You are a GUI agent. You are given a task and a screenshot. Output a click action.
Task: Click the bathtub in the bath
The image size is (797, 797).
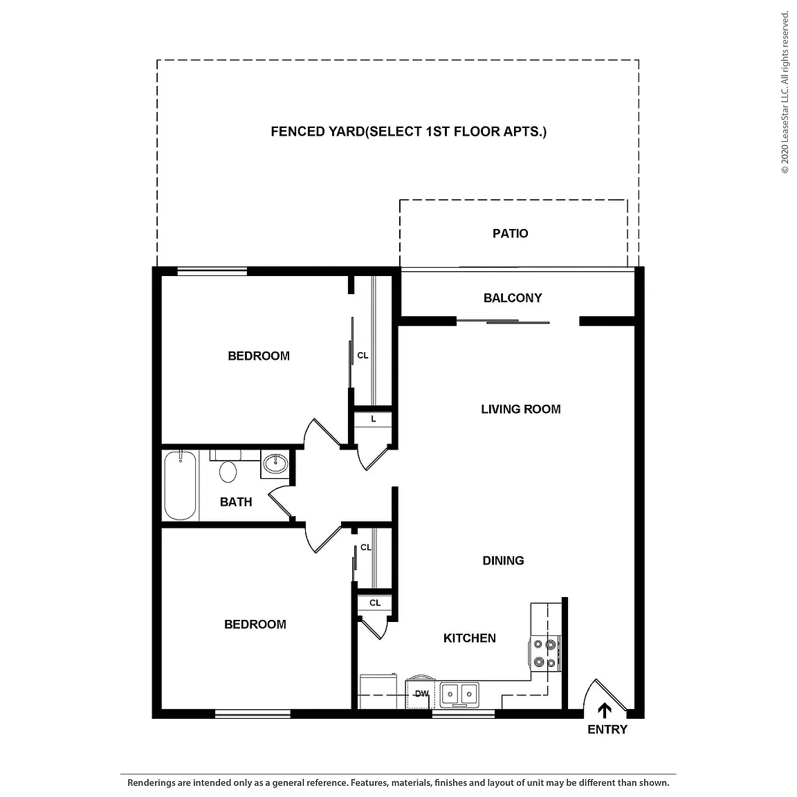pyautogui.click(x=180, y=486)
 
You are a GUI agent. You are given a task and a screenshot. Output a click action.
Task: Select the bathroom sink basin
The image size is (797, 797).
pyautogui.click(x=275, y=463)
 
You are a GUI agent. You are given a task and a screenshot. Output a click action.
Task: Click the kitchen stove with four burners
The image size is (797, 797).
pyautogui.click(x=545, y=653)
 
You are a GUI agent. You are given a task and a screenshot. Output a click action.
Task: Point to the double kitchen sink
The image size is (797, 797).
pyautogui.click(x=459, y=694)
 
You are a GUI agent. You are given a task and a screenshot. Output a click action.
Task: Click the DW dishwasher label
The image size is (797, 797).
pyautogui.click(x=422, y=693)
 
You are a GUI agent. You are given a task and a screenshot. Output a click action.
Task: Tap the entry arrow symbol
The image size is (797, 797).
pyautogui.click(x=605, y=710)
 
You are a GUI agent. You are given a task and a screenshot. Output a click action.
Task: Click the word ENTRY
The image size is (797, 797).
pyautogui.click(x=607, y=729)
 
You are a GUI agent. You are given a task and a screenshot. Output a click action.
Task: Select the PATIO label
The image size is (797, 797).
pyautogui.click(x=511, y=233)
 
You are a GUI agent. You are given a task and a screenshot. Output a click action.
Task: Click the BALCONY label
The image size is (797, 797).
pyautogui.click(x=513, y=298)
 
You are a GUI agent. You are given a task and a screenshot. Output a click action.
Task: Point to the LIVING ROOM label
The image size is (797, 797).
pyautogui.click(x=521, y=409)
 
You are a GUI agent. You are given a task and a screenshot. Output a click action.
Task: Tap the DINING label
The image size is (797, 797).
pyautogui.click(x=503, y=560)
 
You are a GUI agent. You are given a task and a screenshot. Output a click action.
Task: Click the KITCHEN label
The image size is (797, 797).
pyautogui.click(x=470, y=639)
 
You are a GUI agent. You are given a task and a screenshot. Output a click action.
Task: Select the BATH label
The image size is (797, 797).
pyautogui.click(x=236, y=502)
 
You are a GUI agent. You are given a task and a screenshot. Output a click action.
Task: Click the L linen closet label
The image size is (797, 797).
pyautogui.click(x=374, y=419)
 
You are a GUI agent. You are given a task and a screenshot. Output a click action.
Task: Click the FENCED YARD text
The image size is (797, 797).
pyautogui.click(x=318, y=131)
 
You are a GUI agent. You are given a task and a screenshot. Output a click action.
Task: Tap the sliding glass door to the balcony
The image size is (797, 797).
pyautogui.click(x=503, y=321)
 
